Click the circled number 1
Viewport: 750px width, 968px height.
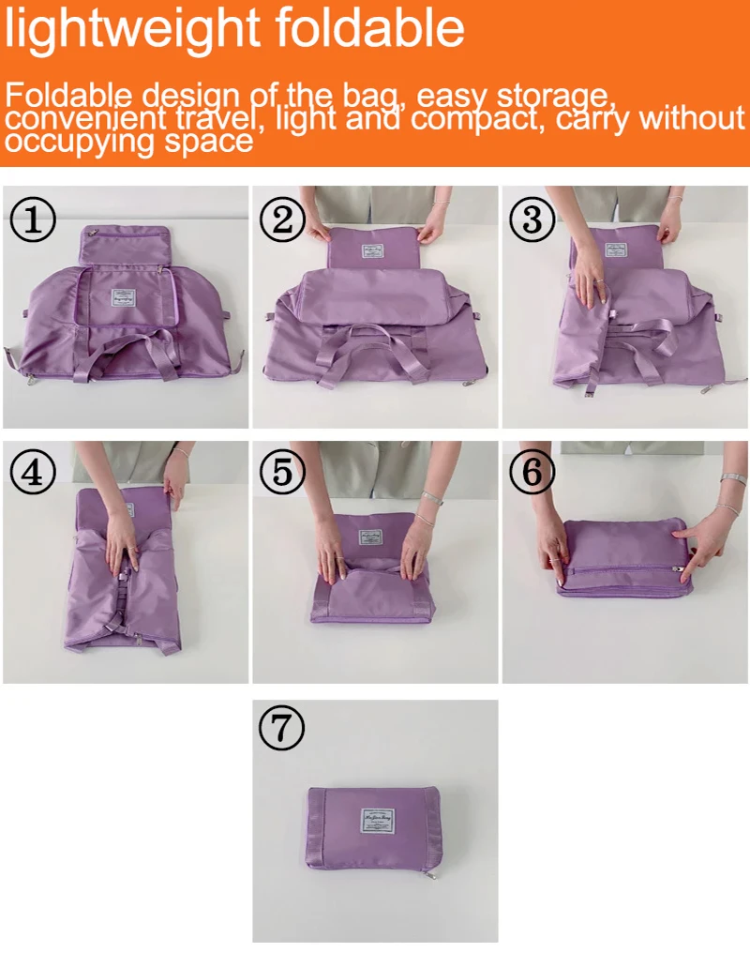[x=34, y=220]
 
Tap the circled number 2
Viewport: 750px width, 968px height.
[x=284, y=220]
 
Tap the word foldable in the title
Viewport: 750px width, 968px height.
[x=375, y=30]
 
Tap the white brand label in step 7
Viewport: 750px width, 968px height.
[x=377, y=823]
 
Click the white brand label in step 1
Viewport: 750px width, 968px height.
[x=124, y=297]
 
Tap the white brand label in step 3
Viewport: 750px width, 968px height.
[x=616, y=250]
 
